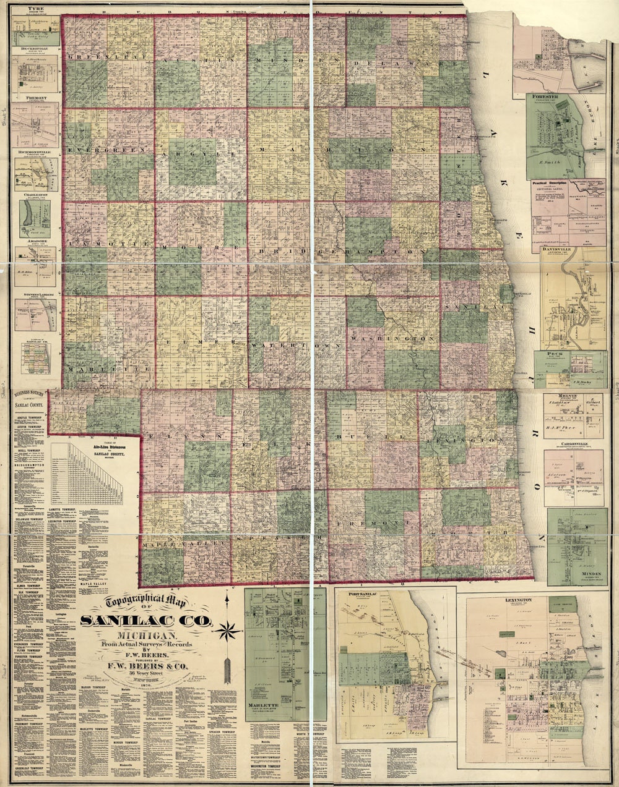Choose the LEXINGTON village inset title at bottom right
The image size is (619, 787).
523,600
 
